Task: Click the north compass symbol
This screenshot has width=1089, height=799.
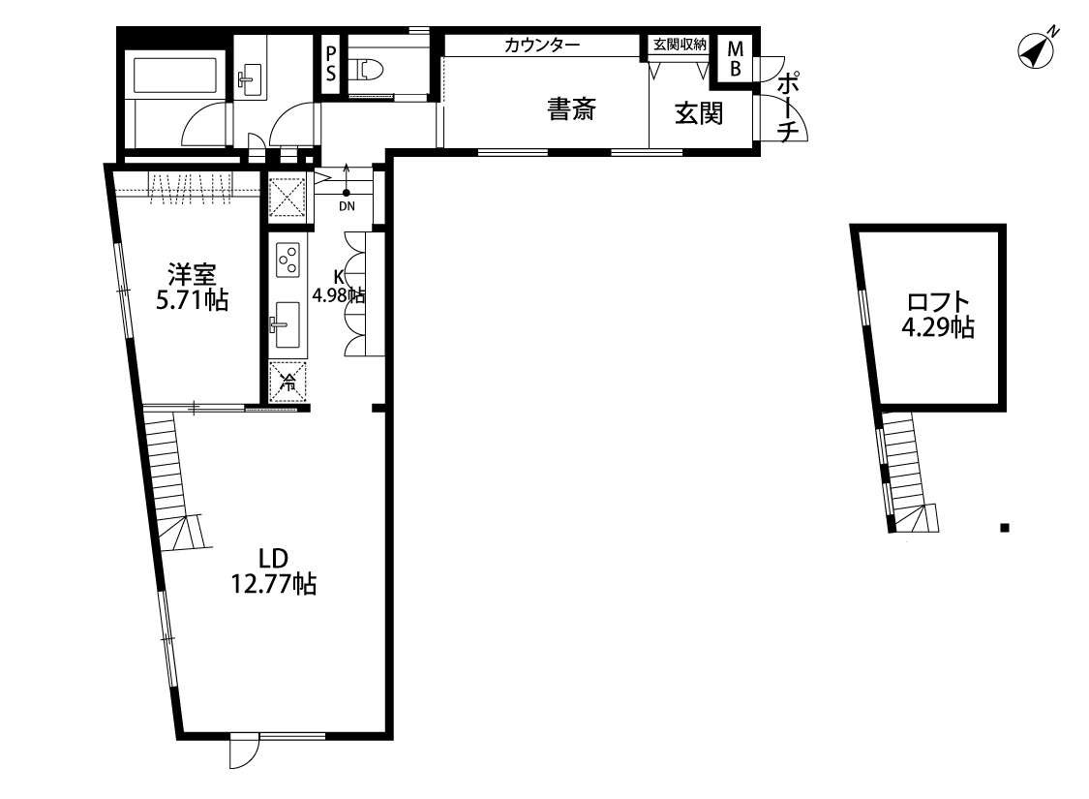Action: [x=1036, y=50]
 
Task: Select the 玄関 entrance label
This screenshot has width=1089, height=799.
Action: [x=699, y=113]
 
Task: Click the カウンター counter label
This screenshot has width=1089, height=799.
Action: [x=542, y=45]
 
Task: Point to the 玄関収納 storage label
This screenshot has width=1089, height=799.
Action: [x=680, y=45]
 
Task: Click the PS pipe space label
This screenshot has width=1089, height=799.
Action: [x=331, y=61]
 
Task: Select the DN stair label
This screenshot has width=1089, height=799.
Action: [x=347, y=206]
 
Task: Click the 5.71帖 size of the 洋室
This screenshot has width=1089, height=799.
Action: [x=193, y=301]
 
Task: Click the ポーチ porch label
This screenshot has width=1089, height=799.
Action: [x=790, y=106]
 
